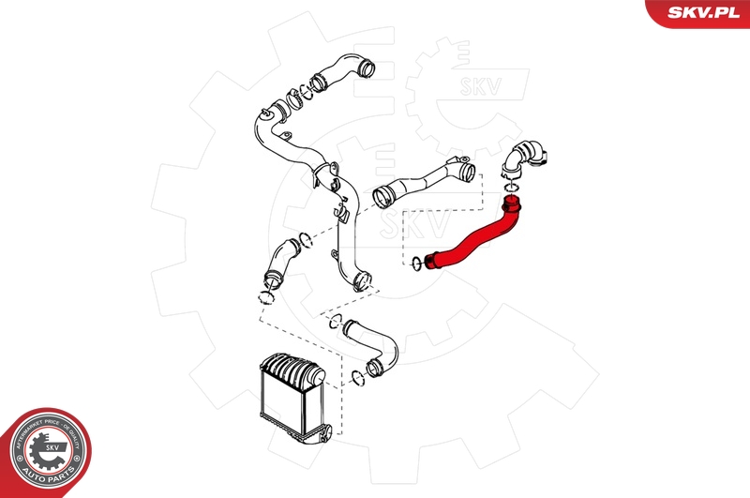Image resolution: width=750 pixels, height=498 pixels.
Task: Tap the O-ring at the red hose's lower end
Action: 416,264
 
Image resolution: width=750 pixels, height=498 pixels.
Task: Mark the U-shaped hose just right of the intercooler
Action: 374,348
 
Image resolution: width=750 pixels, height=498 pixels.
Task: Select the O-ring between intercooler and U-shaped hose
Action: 357,378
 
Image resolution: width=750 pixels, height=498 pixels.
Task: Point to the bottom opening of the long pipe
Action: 362,279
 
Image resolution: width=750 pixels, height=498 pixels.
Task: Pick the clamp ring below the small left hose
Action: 266,298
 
